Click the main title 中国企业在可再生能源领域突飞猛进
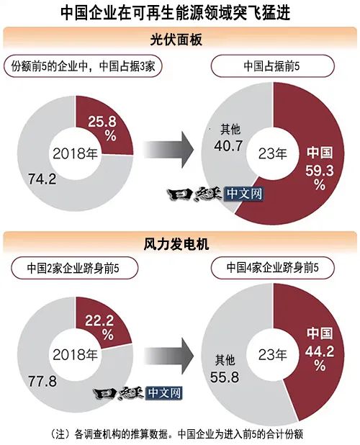(176, 13)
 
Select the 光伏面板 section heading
(176, 40)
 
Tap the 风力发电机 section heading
(176, 244)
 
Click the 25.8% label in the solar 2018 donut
(102, 128)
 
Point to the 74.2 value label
(42, 179)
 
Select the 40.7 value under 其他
(228, 146)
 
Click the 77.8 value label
(42, 381)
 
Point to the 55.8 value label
(225, 377)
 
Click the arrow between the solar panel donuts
(169, 150)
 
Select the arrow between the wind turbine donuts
(169, 356)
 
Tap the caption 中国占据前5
(271, 66)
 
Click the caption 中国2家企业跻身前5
(73, 268)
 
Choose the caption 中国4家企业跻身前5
(273, 268)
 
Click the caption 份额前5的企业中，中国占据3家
(83, 66)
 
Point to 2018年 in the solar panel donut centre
(75, 154)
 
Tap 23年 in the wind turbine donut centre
(273, 355)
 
